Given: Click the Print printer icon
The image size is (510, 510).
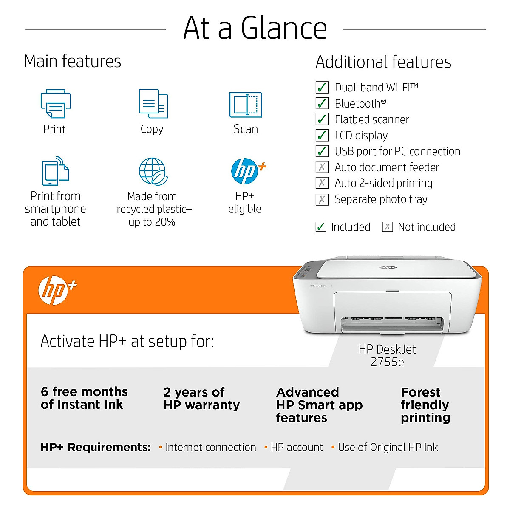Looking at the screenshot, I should tap(56, 104).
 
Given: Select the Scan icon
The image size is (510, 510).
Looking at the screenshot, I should tap(246, 105).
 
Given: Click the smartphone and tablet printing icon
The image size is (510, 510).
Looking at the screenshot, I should tap(55, 171).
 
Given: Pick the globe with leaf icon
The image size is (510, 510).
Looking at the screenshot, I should tap(153, 171).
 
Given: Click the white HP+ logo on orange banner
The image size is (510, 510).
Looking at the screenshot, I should tap(57, 291).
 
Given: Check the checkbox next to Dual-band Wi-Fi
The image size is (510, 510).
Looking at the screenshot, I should tap(322, 88).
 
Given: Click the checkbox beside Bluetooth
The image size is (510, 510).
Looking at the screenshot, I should tap(322, 103).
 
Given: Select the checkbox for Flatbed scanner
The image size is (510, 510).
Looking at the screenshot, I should tap(322, 119).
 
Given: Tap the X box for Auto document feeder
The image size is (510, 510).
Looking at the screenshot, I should tap(322, 167).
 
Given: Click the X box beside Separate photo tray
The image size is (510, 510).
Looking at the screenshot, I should tap(322, 199).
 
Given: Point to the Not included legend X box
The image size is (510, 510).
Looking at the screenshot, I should tap(387, 227).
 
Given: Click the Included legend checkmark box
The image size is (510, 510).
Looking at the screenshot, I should tap(321, 227).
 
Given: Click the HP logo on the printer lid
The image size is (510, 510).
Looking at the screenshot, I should tap(388, 267).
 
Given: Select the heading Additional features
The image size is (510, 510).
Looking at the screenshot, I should tap(383, 62).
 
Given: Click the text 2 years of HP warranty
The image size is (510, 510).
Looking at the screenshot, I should tap(201, 399).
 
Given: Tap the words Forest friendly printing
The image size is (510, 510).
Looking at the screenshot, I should tap(425, 405).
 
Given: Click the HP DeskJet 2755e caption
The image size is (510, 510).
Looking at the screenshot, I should tap(387, 356).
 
